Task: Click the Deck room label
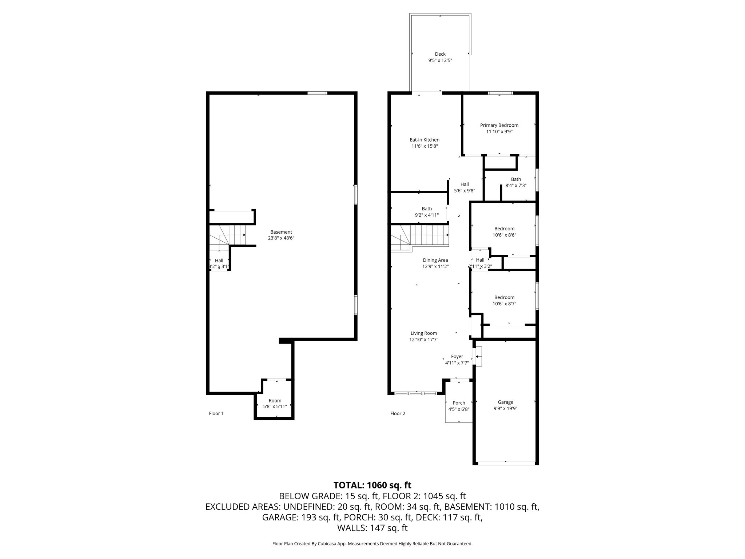[440, 54]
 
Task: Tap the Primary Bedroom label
[499, 125]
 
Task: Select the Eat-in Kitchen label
[425, 140]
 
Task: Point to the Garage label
[506, 402]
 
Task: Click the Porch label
[459, 403]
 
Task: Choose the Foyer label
[457, 357]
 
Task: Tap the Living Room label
[424, 333]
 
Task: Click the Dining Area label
[435, 260]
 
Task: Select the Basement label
[281, 232]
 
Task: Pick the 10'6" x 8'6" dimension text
[504, 235]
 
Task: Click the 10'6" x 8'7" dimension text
[504, 304]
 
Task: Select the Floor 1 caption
[216, 413]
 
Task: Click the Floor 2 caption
[398, 413]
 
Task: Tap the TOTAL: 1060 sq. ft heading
[372, 485]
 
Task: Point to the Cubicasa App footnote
[372, 554]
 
